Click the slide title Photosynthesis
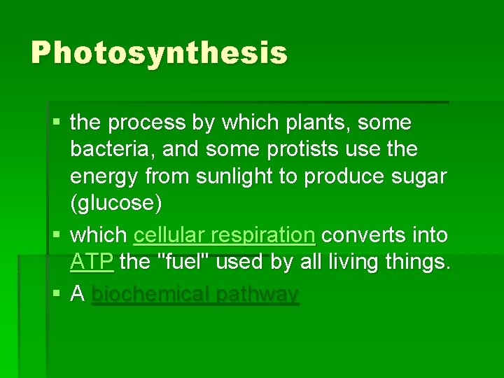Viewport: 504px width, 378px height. point(159,52)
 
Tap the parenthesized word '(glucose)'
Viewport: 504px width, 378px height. point(116,204)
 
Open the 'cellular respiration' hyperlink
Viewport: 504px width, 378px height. point(224,235)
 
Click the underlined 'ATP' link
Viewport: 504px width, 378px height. point(92,262)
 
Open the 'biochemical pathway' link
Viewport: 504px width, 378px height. point(195,295)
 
